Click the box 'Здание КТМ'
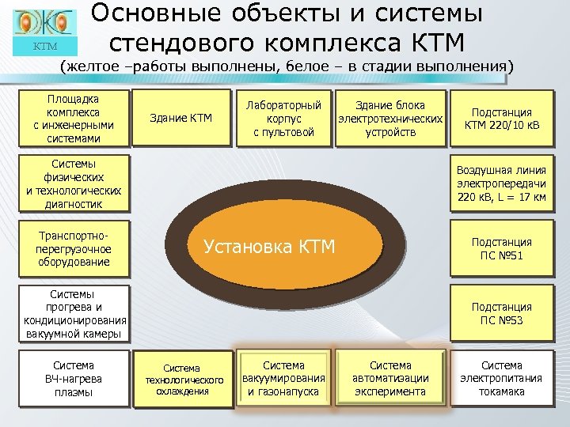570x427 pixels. [181, 119]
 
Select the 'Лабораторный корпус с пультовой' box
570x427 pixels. [283, 119]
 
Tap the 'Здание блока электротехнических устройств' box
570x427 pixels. [389, 119]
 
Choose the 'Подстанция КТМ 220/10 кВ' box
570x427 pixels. [502, 119]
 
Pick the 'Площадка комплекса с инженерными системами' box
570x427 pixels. [74, 119]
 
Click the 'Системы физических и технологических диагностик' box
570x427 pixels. [74, 183]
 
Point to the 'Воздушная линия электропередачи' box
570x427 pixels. [502, 183]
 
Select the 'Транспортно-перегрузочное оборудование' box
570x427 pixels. [74, 249]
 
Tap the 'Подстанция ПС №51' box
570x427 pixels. [502, 249]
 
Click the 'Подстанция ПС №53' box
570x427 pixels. [502, 313]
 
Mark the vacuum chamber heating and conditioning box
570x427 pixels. [74, 313]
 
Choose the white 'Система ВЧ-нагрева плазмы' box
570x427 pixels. [74, 379]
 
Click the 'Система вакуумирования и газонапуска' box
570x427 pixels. [283, 379]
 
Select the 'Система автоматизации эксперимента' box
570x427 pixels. [390, 379]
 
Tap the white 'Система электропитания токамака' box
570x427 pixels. [502, 379]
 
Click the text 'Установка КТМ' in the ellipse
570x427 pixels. [270, 247]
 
